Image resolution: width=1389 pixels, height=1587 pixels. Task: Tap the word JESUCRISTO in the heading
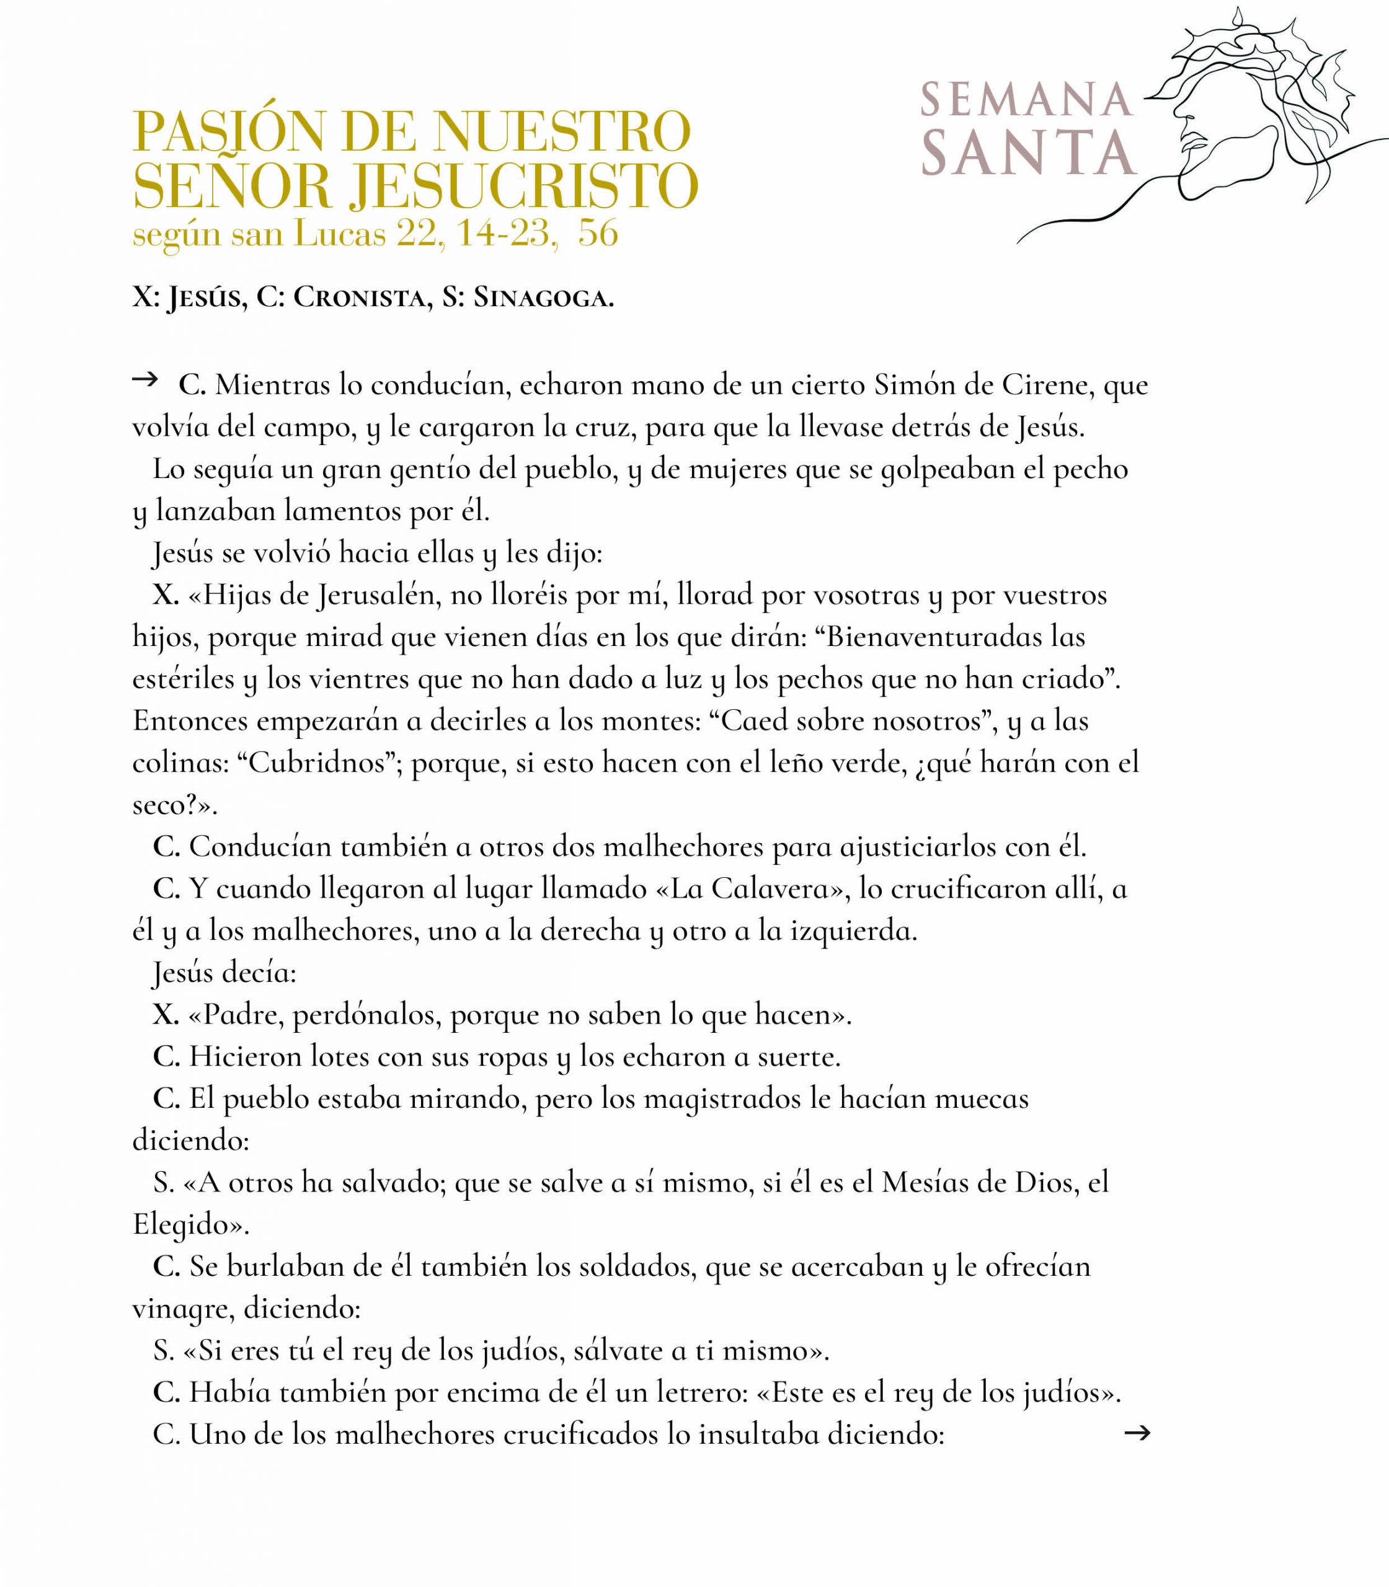coord(523,187)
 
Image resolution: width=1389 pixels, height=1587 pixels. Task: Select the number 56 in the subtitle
coord(598,232)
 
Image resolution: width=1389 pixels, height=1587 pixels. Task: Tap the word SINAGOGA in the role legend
coord(543,298)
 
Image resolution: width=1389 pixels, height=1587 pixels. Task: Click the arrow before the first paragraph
coord(145,379)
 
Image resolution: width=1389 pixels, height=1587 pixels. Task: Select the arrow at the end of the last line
coord(1136,1433)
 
